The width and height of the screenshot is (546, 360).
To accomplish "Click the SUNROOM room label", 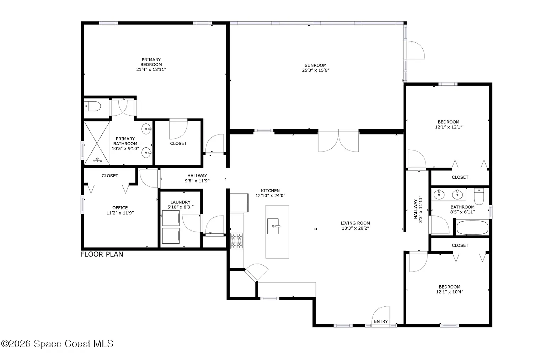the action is [315, 65].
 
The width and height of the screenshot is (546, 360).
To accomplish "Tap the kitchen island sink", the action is [273, 226].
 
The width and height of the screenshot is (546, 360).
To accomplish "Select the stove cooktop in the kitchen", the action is [237, 241].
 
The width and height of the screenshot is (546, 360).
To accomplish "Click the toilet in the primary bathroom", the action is [93, 106].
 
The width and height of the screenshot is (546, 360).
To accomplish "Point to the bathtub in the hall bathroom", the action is [472, 228].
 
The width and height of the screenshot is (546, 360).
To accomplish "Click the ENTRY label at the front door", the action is [381, 322].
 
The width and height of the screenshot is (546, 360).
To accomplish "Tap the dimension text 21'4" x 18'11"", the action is [151, 69].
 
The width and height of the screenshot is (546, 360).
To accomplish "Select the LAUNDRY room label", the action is [180, 202].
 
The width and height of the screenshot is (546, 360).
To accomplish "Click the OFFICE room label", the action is [120, 207].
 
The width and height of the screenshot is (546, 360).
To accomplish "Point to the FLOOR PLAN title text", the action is [102, 254].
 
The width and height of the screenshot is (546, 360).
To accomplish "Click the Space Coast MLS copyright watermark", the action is [57, 344].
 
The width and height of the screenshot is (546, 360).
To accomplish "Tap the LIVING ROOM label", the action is [355, 223].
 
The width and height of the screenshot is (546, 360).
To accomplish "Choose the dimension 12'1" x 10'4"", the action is [449, 292].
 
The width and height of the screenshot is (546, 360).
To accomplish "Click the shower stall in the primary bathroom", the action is [97, 143].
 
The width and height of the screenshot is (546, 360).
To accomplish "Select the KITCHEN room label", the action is [270, 190].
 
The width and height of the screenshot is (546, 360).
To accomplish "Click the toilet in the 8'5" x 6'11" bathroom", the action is [479, 197].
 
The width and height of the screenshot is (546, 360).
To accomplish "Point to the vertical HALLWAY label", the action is [415, 209].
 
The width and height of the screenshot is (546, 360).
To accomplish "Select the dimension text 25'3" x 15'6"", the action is [316, 70].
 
